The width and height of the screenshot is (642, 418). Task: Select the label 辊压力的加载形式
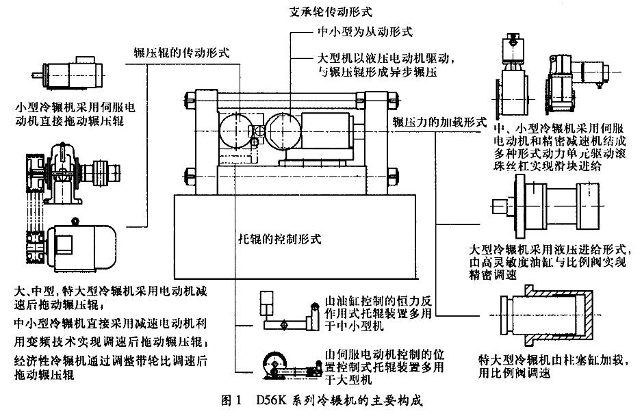(439, 122)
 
